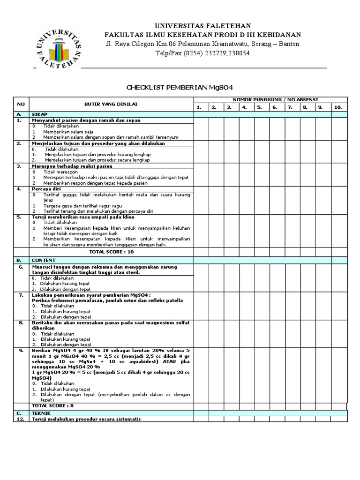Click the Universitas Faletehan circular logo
[58, 46]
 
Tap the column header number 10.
[337, 107]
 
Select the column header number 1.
[199, 107]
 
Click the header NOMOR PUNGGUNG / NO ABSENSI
[270, 100]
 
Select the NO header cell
[20, 104]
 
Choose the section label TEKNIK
[41, 413]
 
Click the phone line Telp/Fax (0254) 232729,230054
[202, 53]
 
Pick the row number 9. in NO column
[21, 350]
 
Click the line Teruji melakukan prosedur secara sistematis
[86, 419]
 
